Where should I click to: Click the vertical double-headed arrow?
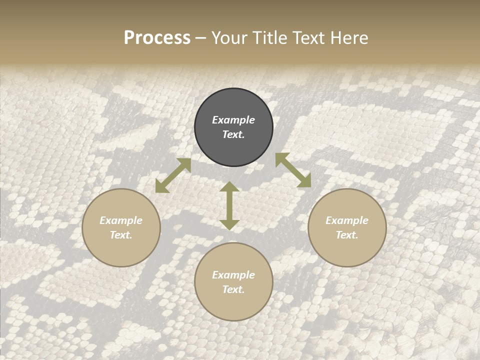point(229,205)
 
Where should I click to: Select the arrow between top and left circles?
point(173,175)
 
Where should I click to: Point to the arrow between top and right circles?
point(293,170)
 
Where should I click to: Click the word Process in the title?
point(157,38)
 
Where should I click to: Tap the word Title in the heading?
point(270,38)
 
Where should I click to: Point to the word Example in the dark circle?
point(233,120)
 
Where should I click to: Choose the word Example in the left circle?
point(121,220)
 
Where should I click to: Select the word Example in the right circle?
point(347,220)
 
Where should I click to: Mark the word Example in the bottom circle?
point(233,275)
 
